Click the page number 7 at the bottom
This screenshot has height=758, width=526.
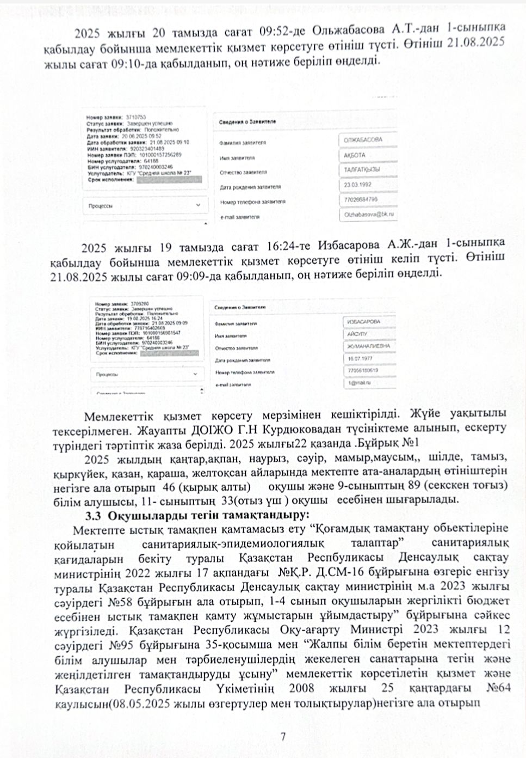[283, 737]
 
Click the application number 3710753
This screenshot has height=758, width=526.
[135, 117]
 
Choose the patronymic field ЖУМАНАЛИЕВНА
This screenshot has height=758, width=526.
[368, 346]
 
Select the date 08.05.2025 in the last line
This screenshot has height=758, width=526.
[137, 704]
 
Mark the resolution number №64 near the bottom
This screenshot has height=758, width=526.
[498, 689]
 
